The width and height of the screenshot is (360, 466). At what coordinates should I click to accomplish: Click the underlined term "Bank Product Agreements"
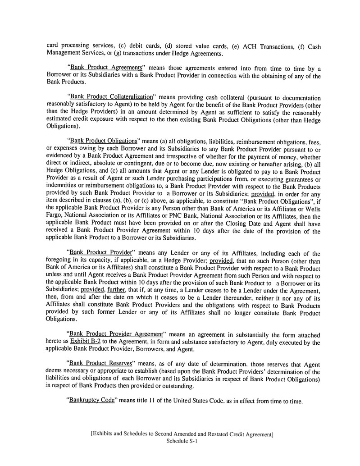click(x=105, y=69)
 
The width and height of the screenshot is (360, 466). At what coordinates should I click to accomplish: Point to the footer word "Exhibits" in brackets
click(x=106, y=434)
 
